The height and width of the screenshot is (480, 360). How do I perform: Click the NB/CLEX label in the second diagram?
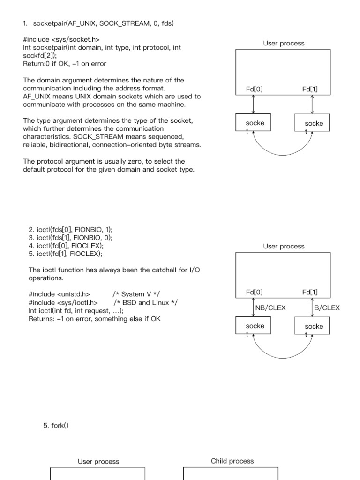(x=270, y=308)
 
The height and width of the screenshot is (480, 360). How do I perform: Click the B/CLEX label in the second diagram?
(x=327, y=308)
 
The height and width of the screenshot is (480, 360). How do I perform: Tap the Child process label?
(x=232, y=461)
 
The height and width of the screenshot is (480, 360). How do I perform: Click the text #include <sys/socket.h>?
(x=61, y=39)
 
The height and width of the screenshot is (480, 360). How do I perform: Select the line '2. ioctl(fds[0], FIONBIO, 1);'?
(x=71, y=229)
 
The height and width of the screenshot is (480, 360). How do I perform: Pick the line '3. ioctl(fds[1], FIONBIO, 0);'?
(x=71, y=237)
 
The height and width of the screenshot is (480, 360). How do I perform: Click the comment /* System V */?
(x=136, y=294)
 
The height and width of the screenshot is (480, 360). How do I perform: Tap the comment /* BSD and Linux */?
(x=145, y=302)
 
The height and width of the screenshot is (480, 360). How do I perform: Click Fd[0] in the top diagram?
(x=255, y=89)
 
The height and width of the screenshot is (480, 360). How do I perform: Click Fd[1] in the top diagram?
(x=310, y=89)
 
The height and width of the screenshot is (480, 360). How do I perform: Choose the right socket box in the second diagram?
(x=312, y=326)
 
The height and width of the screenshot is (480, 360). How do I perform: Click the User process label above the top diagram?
(x=284, y=43)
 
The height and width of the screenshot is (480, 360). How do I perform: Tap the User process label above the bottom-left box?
(x=98, y=461)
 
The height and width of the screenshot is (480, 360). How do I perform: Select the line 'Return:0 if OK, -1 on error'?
(x=65, y=64)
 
